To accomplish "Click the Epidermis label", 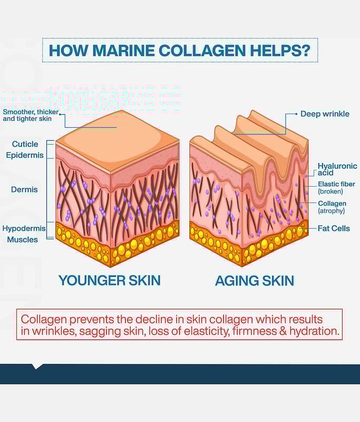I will [25, 155].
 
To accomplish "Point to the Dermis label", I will [24, 189].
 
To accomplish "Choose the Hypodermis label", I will [24, 228].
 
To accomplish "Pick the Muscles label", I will [23, 239].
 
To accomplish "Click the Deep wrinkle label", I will [325, 114].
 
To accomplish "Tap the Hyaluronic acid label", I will [337, 169].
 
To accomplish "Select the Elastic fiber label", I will [336, 184].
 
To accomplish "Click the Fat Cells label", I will [334, 228].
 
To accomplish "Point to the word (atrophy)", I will [331, 211].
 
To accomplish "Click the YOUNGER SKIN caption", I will [109, 280].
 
